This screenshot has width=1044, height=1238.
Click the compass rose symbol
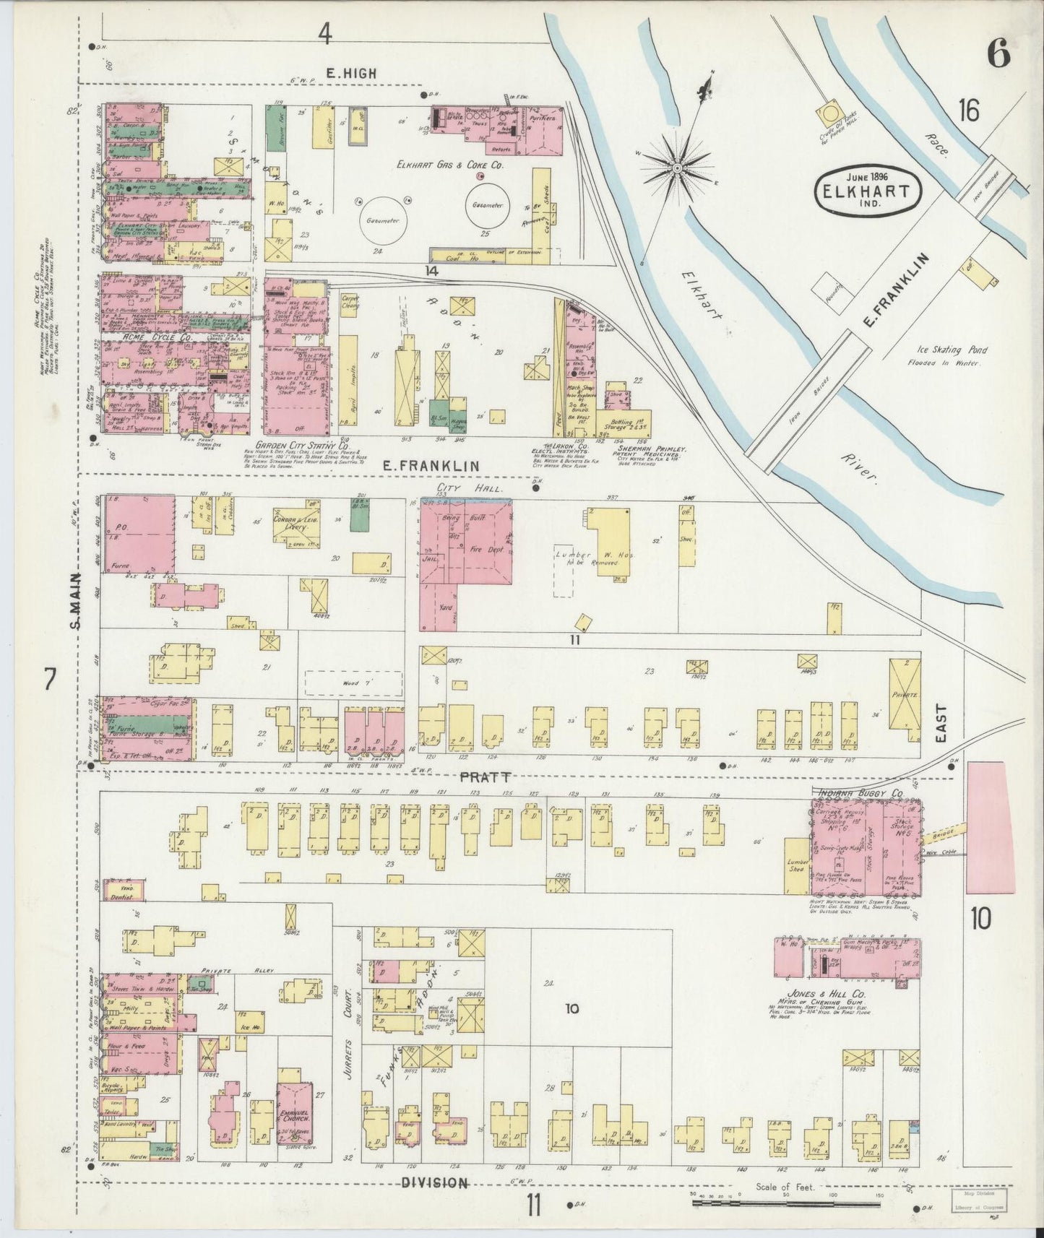[x=678, y=168]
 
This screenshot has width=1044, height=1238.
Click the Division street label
[x=433, y=1183]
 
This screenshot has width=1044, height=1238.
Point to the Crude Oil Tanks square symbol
[x=830, y=113]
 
